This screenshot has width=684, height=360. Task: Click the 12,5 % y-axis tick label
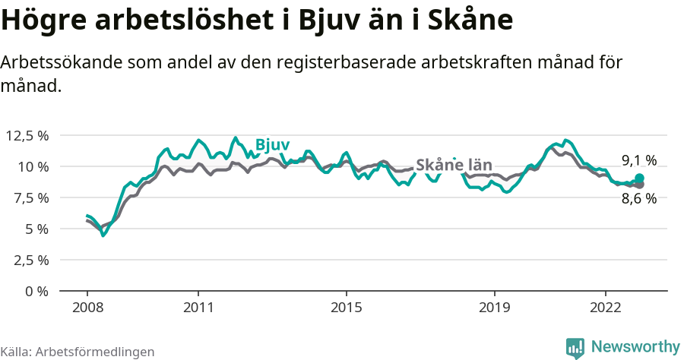point(27,135)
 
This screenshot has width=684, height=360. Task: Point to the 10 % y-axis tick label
point(33,166)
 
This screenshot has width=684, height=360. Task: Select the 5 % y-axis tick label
point(37,229)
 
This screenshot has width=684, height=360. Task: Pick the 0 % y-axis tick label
point(37,291)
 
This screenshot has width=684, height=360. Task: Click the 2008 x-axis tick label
point(87,308)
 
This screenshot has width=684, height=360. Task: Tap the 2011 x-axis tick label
point(198,308)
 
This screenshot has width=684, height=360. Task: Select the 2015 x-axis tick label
point(347,308)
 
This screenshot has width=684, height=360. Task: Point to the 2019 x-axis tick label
point(495,308)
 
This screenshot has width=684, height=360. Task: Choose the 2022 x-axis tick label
point(606,308)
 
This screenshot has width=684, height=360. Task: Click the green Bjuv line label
point(272,145)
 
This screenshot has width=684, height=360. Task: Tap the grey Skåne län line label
point(454,166)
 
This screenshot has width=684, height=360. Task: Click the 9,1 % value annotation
point(639,160)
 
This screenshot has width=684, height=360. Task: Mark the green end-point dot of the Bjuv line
point(639,178)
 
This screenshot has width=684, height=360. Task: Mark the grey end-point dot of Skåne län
point(639,185)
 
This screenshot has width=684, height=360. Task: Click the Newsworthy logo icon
point(575,347)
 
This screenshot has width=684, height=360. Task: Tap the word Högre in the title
point(43,21)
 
